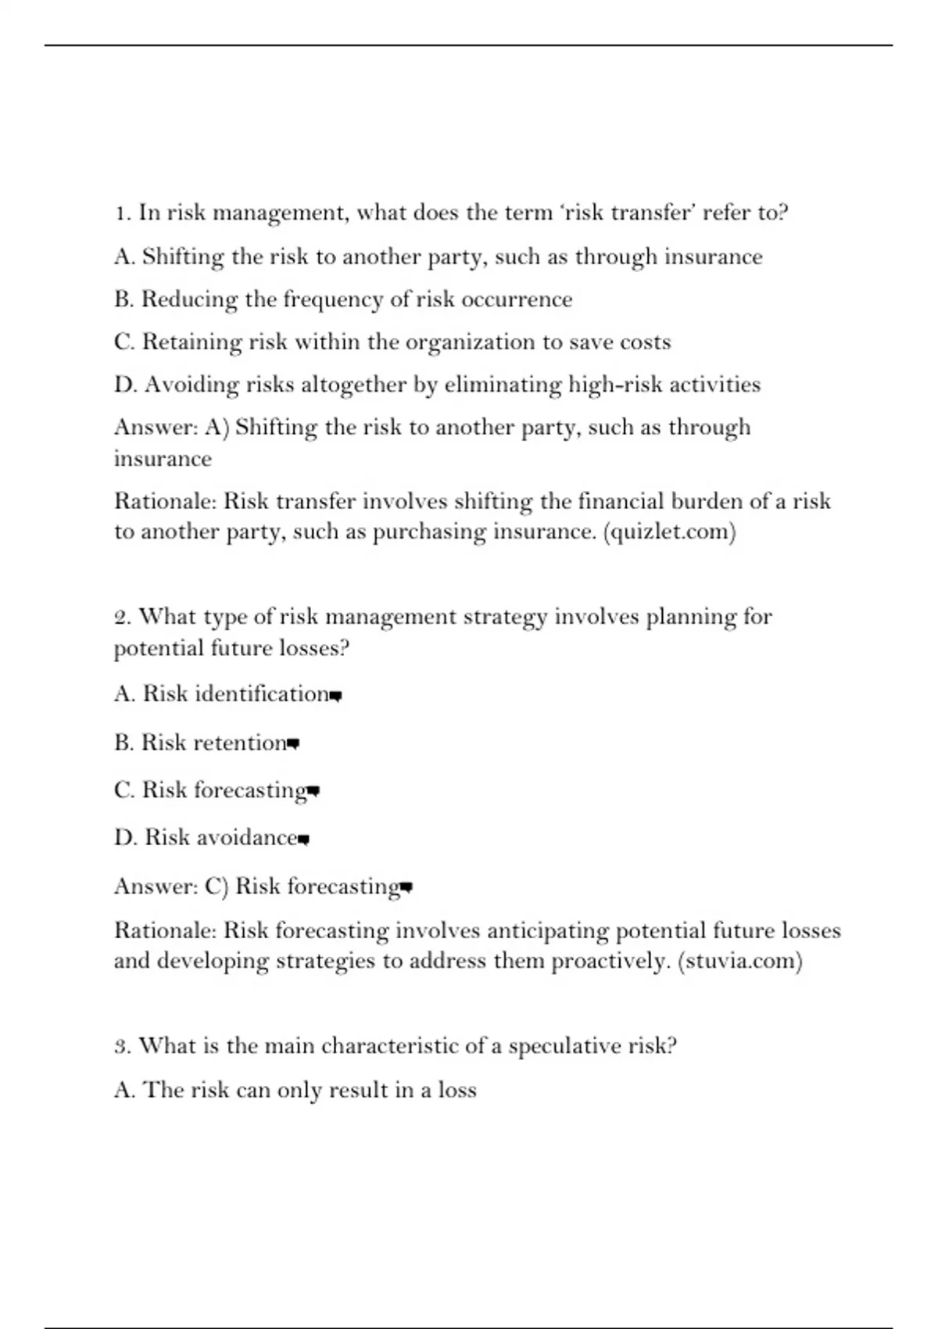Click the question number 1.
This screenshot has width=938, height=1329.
click(121, 213)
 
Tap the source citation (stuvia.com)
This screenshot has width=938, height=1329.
click(739, 960)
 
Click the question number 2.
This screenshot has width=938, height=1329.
click(122, 617)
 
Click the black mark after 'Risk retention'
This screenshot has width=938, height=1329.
click(293, 743)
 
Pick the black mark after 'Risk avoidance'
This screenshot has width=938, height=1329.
click(304, 840)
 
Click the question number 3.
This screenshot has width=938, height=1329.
click(122, 1046)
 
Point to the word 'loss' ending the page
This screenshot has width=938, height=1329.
click(457, 1090)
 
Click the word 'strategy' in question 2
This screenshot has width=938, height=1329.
click(505, 617)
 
